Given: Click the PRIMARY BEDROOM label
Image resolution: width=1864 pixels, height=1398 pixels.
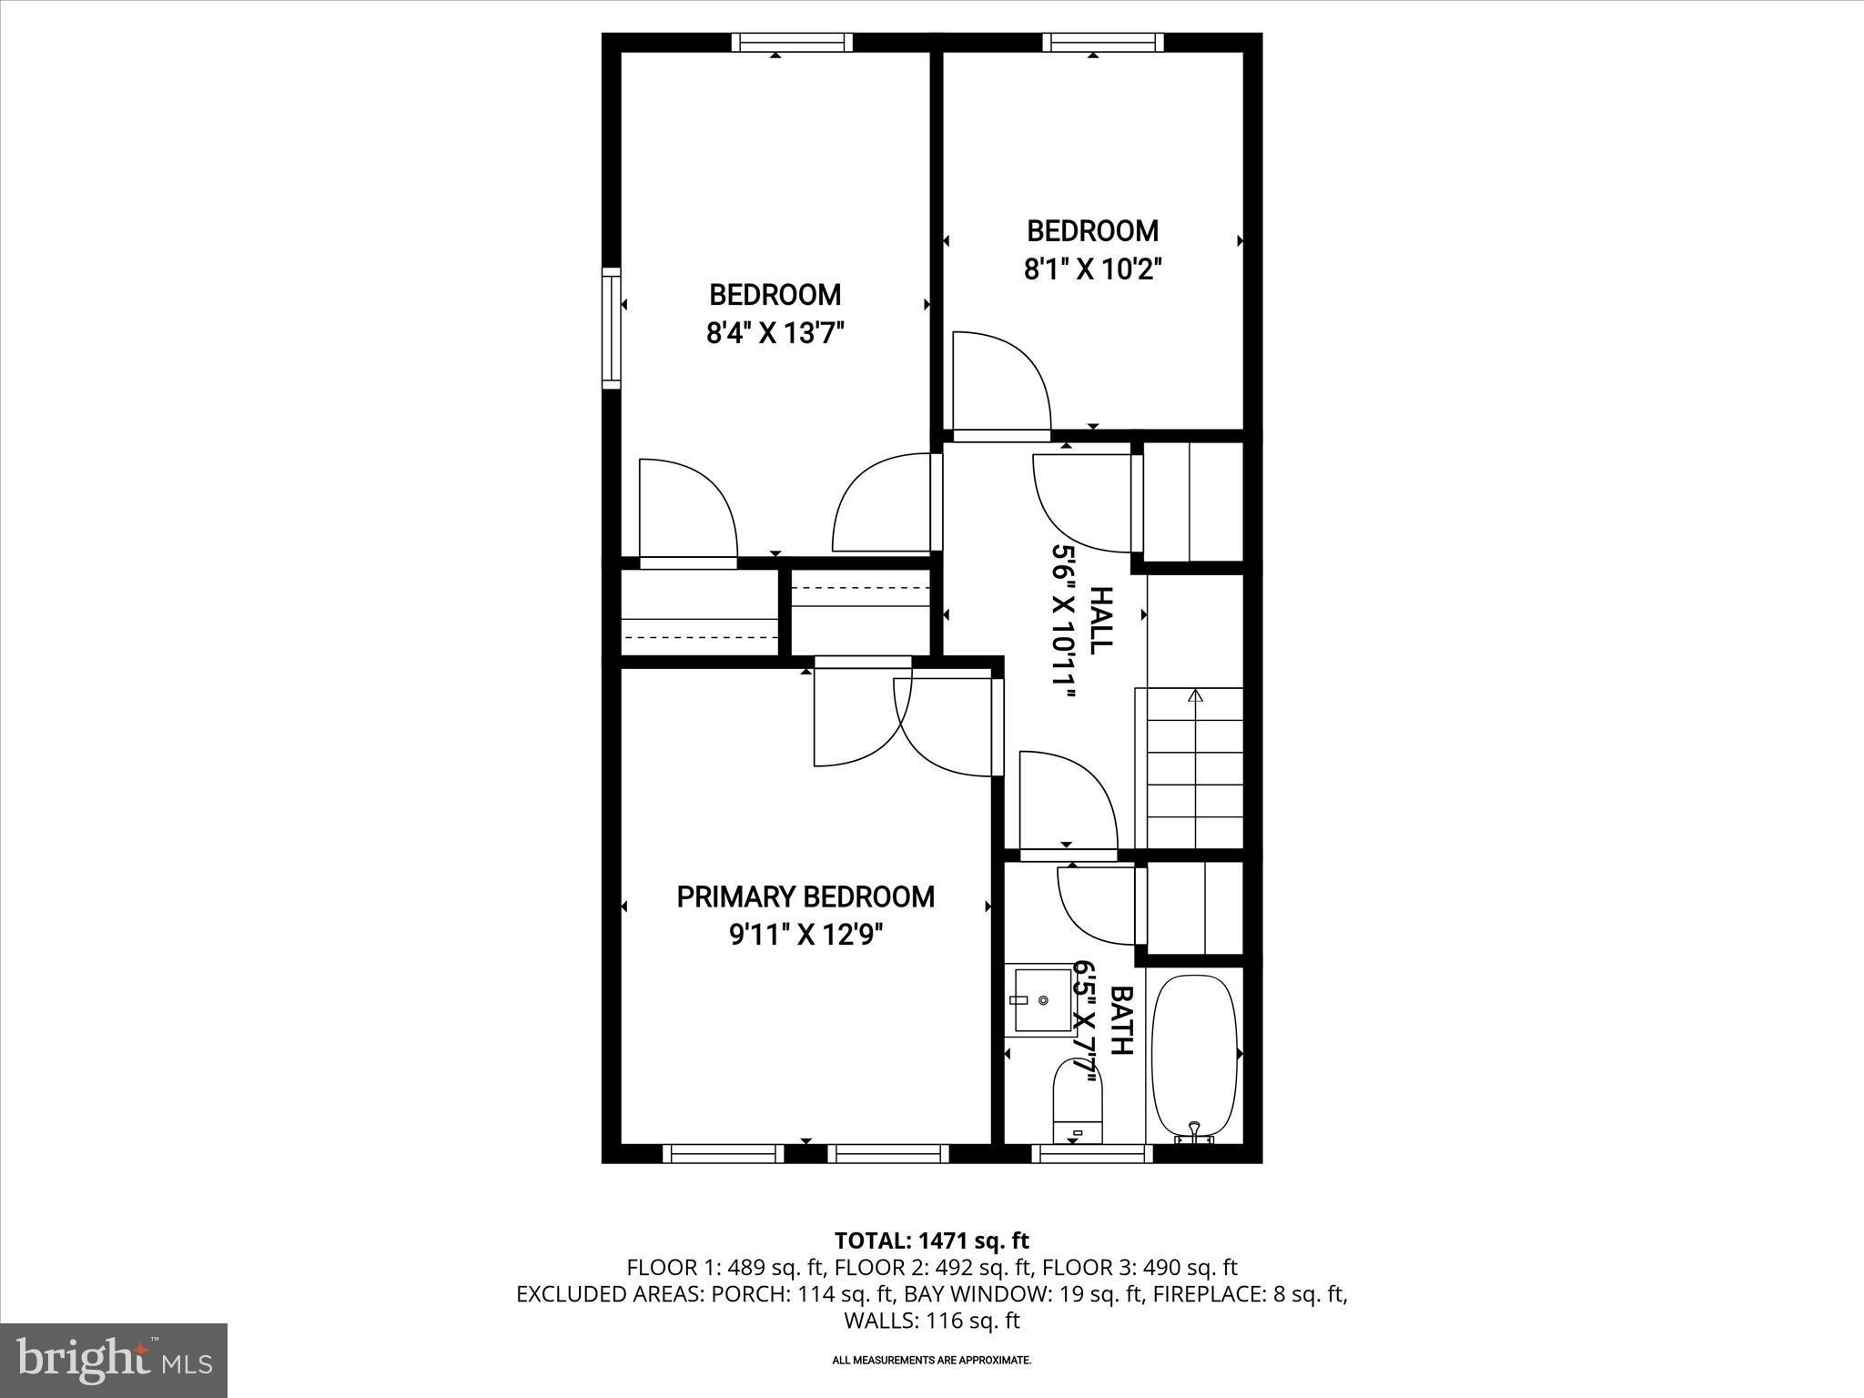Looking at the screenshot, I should point(805,897).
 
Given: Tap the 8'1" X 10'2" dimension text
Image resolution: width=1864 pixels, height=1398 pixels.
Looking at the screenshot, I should point(1093,270).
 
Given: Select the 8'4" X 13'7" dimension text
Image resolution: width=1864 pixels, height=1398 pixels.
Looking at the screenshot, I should point(775,334).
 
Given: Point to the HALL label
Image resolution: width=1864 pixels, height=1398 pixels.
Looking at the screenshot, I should point(1101,620).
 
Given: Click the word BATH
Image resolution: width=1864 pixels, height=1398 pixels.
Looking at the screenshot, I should point(1121,1020).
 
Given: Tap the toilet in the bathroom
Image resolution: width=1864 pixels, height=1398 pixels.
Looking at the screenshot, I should point(1078,1101).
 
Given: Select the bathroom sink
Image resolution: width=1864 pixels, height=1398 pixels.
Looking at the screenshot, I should point(1043,1000).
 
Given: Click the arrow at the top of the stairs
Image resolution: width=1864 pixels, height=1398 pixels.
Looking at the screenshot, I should point(1195,696).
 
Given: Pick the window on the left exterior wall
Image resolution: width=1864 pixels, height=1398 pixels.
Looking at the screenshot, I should point(612,328).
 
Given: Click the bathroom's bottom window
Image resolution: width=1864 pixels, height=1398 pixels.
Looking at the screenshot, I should point(1091,1153).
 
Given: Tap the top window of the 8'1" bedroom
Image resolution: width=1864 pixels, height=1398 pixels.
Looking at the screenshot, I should point(1103,42).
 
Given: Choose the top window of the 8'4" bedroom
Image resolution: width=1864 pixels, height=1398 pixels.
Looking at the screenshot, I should point(792,42).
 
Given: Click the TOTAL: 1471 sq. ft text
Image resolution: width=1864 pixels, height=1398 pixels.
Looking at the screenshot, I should point(931,1241).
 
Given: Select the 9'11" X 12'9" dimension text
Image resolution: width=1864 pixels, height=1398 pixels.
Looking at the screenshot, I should point(805,936).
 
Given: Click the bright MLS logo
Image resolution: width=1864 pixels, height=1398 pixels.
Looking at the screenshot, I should point(114,1360).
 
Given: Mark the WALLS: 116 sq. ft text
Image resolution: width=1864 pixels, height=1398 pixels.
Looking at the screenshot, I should point(931,1321).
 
